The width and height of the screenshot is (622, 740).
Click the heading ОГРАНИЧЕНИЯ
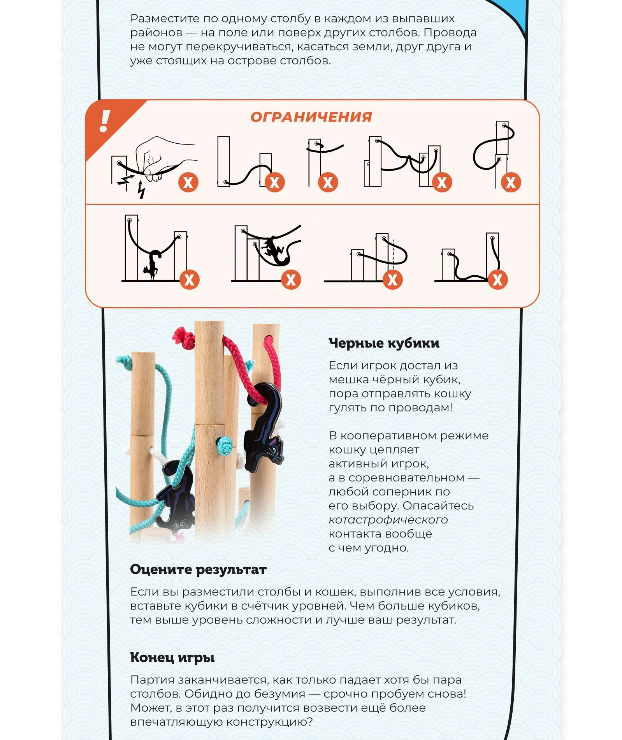click(311, 117)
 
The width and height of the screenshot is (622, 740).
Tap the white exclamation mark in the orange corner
click(104, 121)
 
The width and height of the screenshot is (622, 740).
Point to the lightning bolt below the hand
click(141, 190)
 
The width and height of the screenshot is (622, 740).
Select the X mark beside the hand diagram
click(188, 182)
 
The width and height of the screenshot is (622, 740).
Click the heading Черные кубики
click(384, 343)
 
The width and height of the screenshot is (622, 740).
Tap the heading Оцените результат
click(199, 569)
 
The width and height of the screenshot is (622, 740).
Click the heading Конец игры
click(172, 657)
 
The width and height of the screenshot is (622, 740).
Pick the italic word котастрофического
click(388, 520)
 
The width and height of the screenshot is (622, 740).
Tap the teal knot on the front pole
click(225, 446)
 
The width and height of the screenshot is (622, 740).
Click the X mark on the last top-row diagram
click(511, 182)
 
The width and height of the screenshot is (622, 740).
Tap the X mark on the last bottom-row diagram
click(497, 280)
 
